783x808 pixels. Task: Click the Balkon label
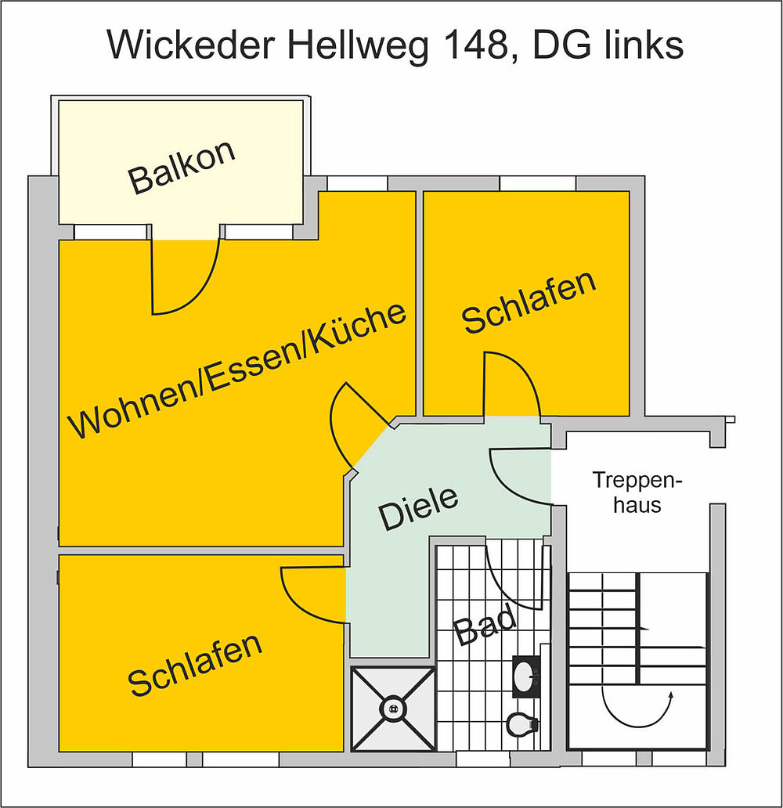click(182, 168)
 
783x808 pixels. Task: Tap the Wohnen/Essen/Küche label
click(237, 370)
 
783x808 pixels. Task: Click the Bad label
click(485, 625)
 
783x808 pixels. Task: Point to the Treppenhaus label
click(637, 492)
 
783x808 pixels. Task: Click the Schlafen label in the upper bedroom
click(529, 301)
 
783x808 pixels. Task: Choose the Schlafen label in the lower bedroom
click(196, 665)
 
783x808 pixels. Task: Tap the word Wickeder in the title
click(191, 45)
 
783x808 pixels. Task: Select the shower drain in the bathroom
click(393, 709)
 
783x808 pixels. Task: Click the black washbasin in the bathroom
click(526, 676)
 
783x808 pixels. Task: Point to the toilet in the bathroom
click(522, 724)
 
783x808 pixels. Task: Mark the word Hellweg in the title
click(358, 45)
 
